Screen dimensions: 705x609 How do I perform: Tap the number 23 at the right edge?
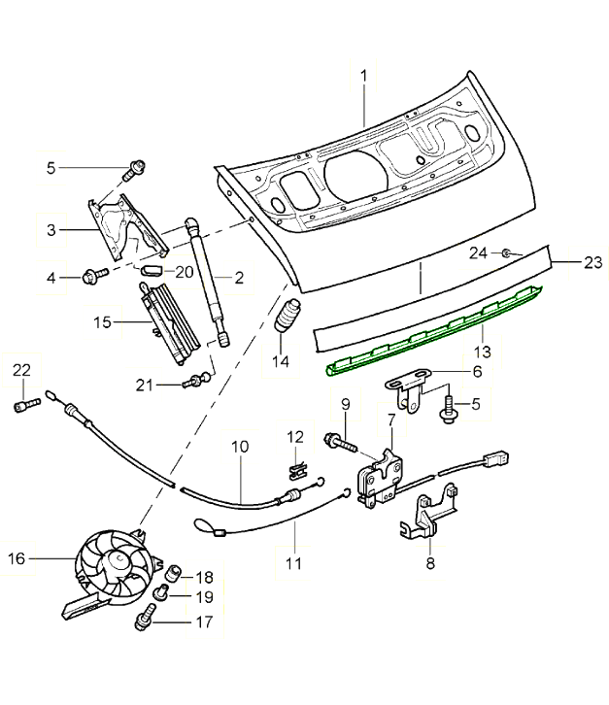592,261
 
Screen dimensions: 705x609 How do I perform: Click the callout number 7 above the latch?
390,420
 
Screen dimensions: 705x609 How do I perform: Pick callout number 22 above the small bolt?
21,369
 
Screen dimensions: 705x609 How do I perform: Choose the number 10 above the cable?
240,447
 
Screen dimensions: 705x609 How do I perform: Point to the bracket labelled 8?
427,515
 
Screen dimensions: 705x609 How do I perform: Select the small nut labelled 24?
506,253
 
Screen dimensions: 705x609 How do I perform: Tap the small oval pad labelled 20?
153,270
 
